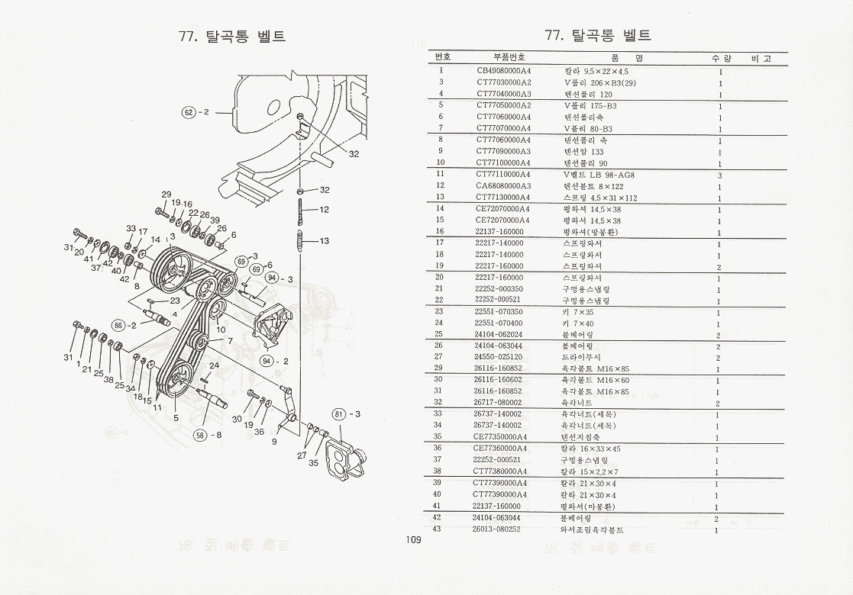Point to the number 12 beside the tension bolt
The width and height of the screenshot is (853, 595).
(x=325, y=209)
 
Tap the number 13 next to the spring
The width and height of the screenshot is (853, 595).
(x=325, y=241)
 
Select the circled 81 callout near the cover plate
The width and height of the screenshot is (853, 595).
(x=339, y=414)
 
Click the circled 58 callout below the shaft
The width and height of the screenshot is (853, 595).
(x=201, y=435)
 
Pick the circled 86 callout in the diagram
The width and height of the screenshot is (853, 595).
(x=118, y=325)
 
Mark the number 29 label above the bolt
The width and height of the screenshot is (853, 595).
(x=166, y=195)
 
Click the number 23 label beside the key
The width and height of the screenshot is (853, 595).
(x=175, y=301)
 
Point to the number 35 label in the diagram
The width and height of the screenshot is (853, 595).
(x=314, y=462)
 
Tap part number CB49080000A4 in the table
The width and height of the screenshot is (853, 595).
(x=503, y=70)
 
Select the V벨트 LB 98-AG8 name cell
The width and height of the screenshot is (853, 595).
(x=599, y=175)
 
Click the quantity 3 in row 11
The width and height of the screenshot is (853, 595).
(x=719, y=175)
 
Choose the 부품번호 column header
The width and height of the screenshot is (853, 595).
(x=509, y=57)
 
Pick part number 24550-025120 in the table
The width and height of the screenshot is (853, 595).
(x=500, y=357)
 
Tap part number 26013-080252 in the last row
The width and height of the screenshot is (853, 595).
(x=500, y=529)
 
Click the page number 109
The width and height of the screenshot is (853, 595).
(x=414, y=540)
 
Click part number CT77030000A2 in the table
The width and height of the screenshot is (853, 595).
(x=503, y=82)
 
